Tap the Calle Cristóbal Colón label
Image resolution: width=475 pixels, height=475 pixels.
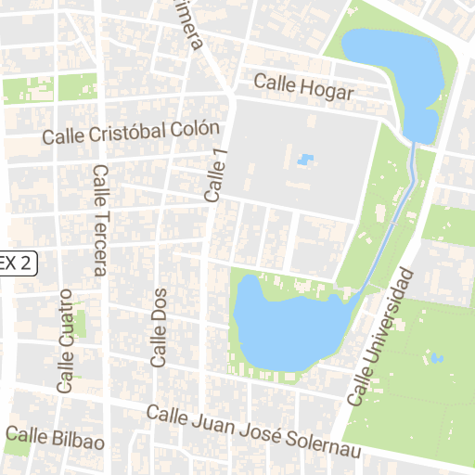click(131, 134)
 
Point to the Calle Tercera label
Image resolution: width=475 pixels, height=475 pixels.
click(99, 221)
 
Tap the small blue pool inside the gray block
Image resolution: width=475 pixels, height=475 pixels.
click(303, 160)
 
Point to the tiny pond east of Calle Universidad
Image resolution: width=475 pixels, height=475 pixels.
click(438, 357)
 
